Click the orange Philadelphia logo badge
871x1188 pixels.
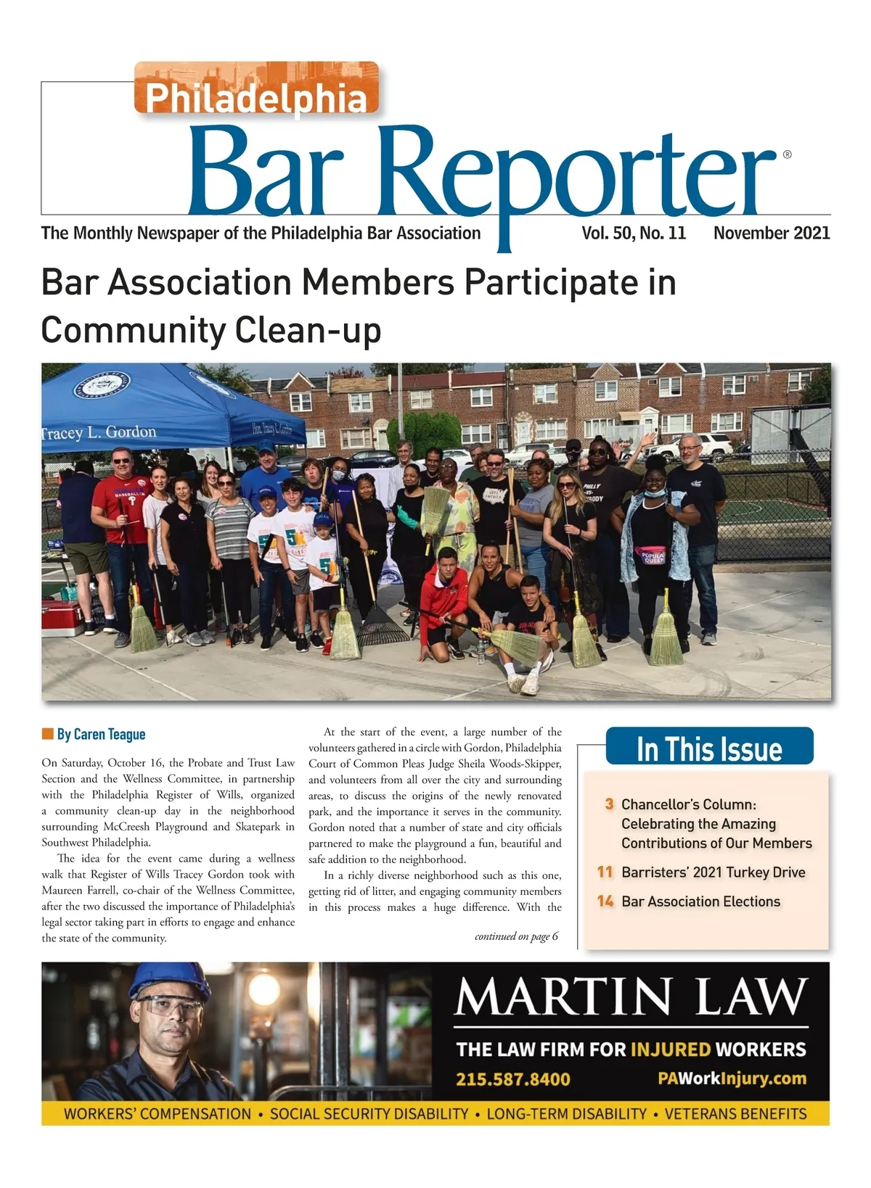point(256,88)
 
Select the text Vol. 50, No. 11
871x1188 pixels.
point(633,233)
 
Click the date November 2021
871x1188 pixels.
point(772,233)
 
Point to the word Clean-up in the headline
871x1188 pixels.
point(308,330)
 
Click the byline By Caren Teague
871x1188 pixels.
point(101,734)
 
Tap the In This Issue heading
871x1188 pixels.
point(709,748)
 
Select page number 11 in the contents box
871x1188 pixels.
point(605,872)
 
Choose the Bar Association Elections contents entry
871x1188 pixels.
point(700,902)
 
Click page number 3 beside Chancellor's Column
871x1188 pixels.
point(609,804)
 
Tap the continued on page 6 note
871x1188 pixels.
point(516,936)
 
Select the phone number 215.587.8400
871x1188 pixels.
point(512,1078)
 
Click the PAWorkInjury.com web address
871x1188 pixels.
point(732,1078)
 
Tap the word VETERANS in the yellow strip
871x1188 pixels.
point(696,1114)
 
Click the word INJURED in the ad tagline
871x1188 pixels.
point(670,1049)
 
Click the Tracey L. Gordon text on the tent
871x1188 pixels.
point(99,432)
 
